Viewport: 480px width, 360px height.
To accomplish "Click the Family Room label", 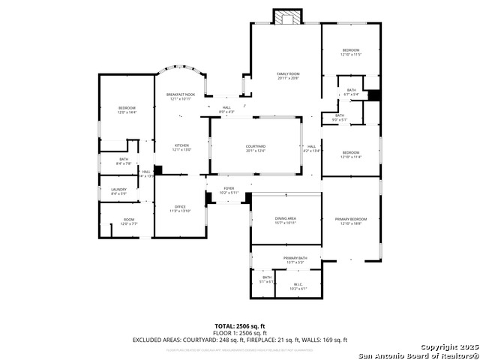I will pyautogui.click(x=288, y=76).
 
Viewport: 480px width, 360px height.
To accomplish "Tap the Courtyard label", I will pyautogui.click(x=256, y=148).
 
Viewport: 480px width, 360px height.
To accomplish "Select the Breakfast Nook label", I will pyautogui.click(x=180, y=96).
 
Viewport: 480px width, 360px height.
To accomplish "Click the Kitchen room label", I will pyautogui.click(x=181, y=147).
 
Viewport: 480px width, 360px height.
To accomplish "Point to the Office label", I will pyautogui.click(x=180, y=209).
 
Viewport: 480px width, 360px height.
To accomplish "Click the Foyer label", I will pyautogui.click(x=229, y=190).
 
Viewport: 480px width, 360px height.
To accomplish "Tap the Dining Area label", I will pyautogui.click(x=285, y=220).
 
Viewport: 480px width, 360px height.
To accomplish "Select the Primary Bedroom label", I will pyautogui.click(x=351, y=220).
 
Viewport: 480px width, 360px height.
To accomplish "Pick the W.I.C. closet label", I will pyautogui.click(x=298, y=286).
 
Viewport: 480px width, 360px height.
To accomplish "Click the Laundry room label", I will pyautogui.click(x=118, y=191).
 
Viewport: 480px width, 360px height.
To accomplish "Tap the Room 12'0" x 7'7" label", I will pyautogui.click(x=129, y=221).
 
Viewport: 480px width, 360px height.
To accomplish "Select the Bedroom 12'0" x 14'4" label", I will pyautogui.click(x=126, y=110).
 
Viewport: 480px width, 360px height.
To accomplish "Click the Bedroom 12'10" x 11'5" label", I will pyautogui.click(x=351, y=52).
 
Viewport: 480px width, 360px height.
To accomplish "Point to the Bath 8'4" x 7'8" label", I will pyautogui.click(x=124, y=161).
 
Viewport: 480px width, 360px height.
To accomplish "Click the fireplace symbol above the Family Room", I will pyautogui.click(x=286, y=17).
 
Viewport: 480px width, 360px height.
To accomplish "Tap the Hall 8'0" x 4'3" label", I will pyautogui.click(x=226, y=109).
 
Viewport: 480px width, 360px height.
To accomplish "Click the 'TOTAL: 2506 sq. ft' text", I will pyautogui.click(x=239, y=326).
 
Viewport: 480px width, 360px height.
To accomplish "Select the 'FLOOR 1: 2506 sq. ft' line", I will pyautogui.click(x=239, y=333).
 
